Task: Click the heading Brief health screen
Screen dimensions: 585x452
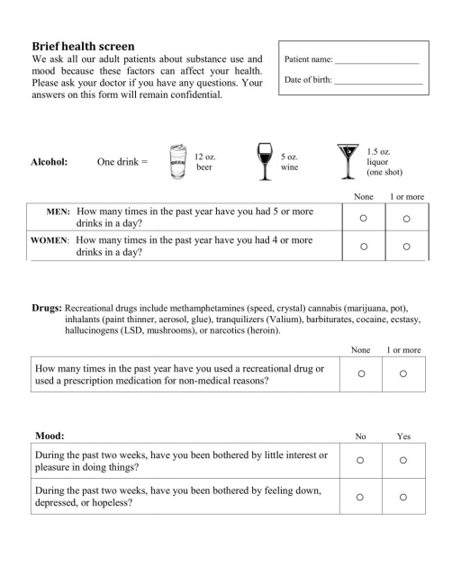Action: pos(83,46)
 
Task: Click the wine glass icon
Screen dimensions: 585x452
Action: pos(264,161)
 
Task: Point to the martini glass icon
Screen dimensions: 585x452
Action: pos(347,161)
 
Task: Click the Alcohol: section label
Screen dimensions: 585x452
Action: pos(50,162)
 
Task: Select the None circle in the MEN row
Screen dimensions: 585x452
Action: pos(363,218)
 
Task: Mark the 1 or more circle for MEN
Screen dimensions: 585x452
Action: pos(406,218)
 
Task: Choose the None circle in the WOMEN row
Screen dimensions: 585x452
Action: pos(363,246)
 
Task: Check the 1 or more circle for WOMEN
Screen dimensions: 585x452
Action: pos(406,246)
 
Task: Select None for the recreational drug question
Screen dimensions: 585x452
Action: pos(361,373)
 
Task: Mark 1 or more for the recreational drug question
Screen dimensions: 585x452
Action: pos(402,373)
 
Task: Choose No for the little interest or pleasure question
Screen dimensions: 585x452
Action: pos(360,460)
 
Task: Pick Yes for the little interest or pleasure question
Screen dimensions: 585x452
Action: pos(403,460)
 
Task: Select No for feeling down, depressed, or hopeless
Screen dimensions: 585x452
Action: pos(360,496)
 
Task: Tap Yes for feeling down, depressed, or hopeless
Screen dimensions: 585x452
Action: pos(403,496)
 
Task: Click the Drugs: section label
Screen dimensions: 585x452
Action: pos(46,307)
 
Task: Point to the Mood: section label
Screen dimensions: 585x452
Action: pos(50,436)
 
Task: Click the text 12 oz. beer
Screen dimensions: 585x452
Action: pos(204,162)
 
